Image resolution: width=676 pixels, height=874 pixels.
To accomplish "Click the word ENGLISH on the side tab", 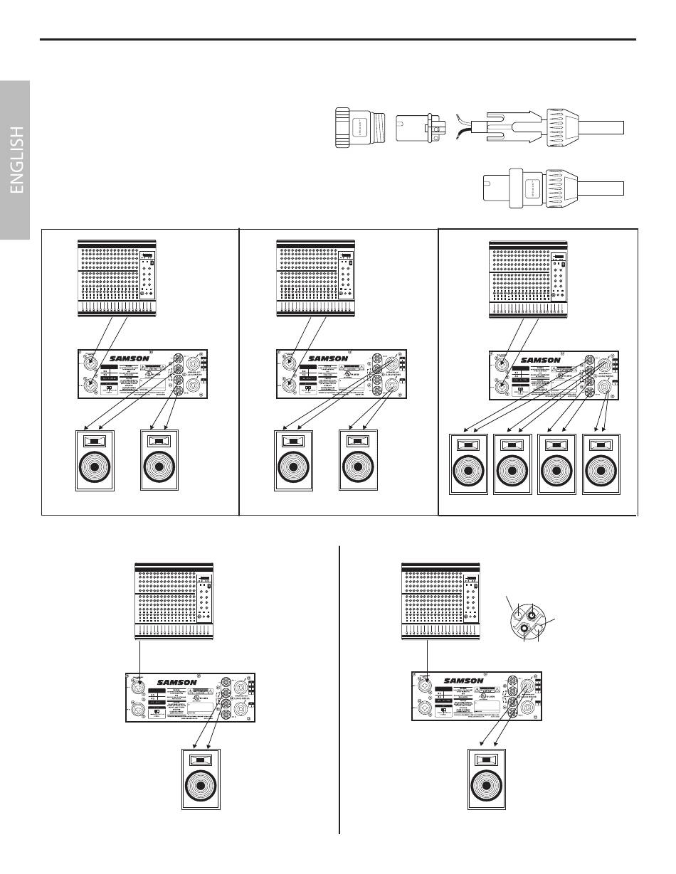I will pyautogui.click(x=16, y=160).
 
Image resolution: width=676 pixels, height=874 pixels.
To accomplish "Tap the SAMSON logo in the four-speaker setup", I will pyautogui.click(x=541, y=359).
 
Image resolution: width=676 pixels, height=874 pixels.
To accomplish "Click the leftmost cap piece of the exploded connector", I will pyautogui.click(x=361, y=128).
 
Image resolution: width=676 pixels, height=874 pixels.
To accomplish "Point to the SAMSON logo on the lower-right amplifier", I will pyautogui.click(x=463, y=681).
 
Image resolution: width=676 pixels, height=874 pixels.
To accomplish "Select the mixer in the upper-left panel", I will pyautogui.click(x=117, y=278).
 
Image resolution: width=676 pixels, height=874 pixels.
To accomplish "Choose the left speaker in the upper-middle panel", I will pyautogui.click(x=292, y=460).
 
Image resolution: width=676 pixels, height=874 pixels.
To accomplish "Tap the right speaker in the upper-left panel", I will pyautogui.click(x=159, y=460).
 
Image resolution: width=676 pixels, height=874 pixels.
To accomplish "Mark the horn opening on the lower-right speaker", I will pyautogui.click(x=487, y=760).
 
